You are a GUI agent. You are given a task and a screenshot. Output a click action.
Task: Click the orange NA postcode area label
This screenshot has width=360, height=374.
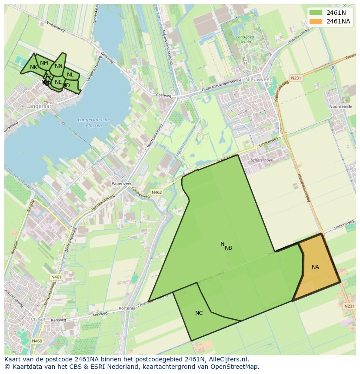click(x=315, y=267)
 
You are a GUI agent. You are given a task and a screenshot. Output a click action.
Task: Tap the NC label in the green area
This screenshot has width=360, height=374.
click(x=199, y=313)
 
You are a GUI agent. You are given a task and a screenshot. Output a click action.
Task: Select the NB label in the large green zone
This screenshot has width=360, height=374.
click(x=229, y=248)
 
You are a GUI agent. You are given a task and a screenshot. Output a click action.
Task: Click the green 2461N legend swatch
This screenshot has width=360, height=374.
click(x=316, y=13)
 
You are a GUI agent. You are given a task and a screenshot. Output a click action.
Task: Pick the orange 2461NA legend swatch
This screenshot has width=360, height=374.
click(x=316, y=21)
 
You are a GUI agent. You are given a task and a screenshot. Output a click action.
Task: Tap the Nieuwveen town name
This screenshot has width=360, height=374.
click(x=259, y=80)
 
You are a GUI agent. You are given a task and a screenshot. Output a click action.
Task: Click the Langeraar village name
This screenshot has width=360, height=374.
click(x=38, y=106)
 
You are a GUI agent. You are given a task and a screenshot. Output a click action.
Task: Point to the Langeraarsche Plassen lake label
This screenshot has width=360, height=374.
click(x=94, y=122)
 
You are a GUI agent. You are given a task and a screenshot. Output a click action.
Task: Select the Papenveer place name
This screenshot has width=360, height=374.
click(x=121, y=184)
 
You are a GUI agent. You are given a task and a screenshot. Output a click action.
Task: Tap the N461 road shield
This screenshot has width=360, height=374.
click(x=56, y=277)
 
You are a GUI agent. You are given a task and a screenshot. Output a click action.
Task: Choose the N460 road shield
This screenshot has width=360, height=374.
click(x=37, y=341)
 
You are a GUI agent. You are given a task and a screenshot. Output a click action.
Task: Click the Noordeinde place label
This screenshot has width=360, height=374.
click(x=340, y=106)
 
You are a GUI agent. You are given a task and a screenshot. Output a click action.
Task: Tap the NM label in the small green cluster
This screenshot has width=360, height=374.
click(x=44, y=63)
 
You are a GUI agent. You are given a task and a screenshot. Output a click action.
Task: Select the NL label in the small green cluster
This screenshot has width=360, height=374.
click(x=70, y=75)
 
